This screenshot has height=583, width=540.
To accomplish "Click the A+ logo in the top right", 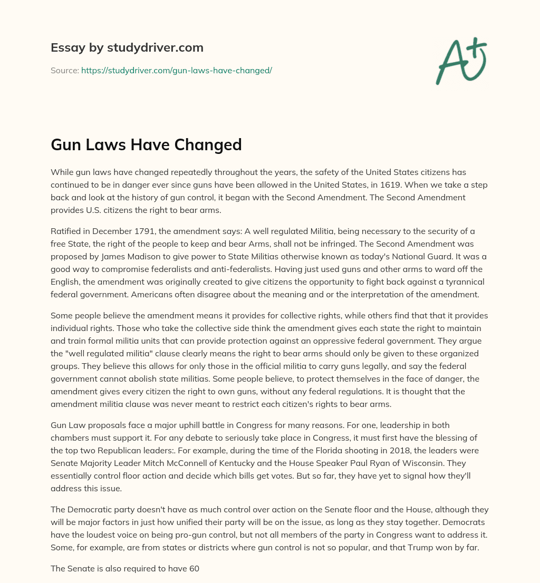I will pos(461,61).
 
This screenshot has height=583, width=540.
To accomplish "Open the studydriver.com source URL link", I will pos(176,70).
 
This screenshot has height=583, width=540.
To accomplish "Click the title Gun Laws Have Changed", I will pos(146,144).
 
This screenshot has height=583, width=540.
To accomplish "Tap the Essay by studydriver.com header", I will pos(127,47).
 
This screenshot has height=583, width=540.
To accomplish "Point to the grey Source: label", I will pos(64,70).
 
